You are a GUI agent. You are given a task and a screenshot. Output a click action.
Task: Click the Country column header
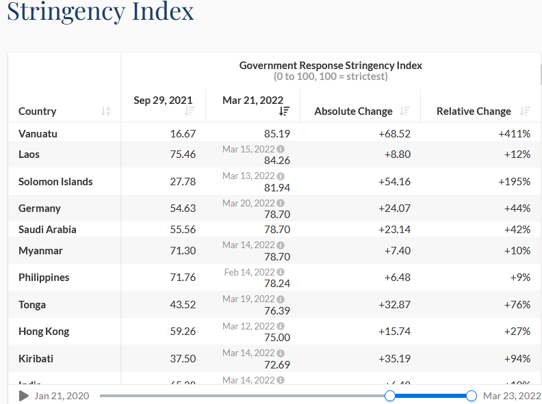[x=38, y=111]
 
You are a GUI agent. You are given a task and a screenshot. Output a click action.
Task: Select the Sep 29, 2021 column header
[x=163, y=100]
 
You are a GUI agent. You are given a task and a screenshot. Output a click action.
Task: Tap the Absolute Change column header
[x=353, y=111]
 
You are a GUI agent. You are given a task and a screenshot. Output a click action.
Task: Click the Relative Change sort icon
[x=525, y=111]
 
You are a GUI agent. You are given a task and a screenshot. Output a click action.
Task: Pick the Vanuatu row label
[x=38, y=134]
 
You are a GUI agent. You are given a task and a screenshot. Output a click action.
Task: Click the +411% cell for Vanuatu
[x=515, y=134]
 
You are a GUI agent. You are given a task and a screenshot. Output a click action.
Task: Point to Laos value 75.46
[x=183, y=154]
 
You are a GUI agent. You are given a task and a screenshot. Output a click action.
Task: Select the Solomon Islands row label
[x=55, y=182]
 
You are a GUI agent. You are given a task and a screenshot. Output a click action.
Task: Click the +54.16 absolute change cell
[x=394, y=182]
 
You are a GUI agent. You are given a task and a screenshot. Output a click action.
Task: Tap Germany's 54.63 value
[x=183, y=208]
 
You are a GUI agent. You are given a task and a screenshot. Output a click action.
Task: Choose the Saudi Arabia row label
[x=47, y=230]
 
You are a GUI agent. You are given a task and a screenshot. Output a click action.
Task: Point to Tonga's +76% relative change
[x=517, y=305]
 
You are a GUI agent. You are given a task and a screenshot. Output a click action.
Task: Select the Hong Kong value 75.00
[x=277, y=338]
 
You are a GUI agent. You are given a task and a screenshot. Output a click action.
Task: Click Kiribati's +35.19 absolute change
[x=394, y=359]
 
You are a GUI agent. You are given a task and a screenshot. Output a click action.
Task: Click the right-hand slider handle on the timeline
[x=472, y=396]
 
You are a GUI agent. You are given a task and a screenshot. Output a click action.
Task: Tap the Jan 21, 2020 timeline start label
[x=62, y=396]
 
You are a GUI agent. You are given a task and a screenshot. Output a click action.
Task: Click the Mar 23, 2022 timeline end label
[x=512, y=396]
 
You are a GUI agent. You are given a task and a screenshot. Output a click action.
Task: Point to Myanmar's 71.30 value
[x=183, y=251]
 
